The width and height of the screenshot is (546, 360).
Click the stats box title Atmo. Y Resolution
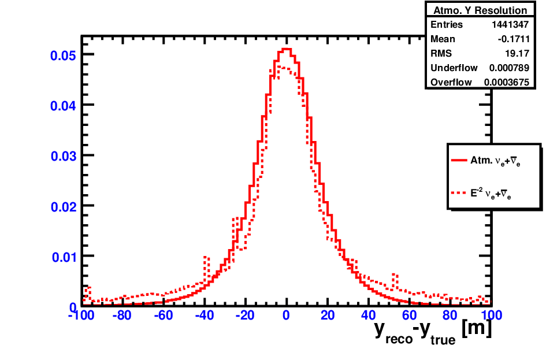(480, 10)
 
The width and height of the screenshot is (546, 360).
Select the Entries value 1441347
(510, 24)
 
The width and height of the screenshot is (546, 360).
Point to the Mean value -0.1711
(514, 39)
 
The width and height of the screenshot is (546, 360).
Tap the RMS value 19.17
(517, 53)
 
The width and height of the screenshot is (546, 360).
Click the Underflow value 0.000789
(509, 68)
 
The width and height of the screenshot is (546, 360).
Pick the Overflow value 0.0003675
(507, 82)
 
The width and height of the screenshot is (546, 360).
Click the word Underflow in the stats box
(454, 68)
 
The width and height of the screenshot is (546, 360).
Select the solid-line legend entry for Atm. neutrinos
(486, 161)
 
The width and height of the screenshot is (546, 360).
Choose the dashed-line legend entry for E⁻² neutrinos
(481, 193)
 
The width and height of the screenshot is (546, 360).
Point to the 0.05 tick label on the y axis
(63, 55)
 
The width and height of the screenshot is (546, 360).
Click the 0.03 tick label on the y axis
(63, 157)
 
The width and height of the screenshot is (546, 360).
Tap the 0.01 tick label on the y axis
(64, 257)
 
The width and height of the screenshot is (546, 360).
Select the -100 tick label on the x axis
(81, 316)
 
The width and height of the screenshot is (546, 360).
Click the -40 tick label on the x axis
(205, 316)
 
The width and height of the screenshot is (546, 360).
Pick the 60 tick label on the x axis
(409, 316)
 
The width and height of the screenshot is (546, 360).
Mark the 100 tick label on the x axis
(491, 316)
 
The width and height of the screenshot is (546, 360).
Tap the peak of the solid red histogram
(286, 49)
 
